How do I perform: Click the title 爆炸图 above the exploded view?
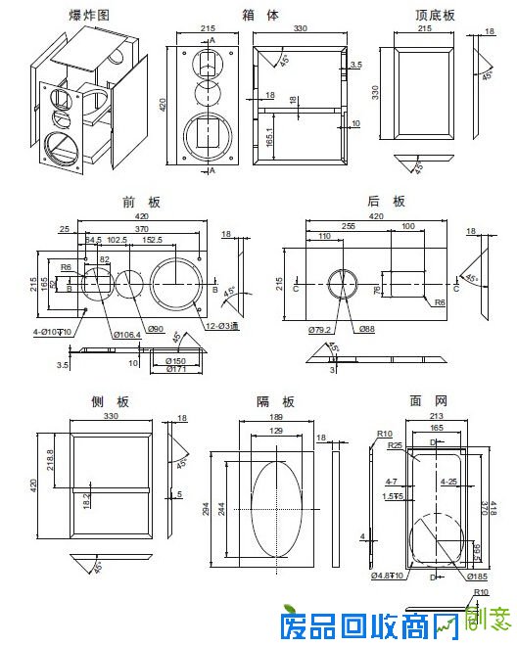(x=89, y=16)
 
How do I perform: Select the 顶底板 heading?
(x=435, y=16)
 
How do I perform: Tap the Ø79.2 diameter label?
(x=320, y=329)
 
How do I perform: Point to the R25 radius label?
(x=398, y=445)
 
